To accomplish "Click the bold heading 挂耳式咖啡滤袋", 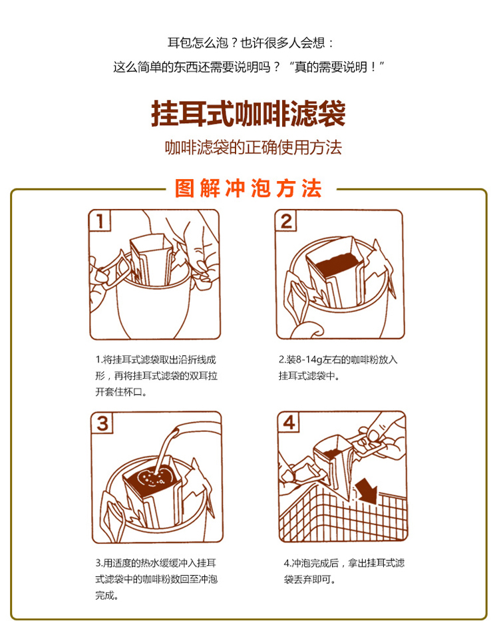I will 249,113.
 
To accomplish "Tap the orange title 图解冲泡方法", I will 248,189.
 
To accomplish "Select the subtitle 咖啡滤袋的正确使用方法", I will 253,147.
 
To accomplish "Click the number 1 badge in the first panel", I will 100,221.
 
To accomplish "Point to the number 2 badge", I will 286,221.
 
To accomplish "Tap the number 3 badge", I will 102,422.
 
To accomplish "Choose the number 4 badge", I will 288,422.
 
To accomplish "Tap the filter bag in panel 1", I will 152,261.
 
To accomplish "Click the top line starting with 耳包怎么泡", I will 249,43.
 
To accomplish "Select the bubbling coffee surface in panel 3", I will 152,478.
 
